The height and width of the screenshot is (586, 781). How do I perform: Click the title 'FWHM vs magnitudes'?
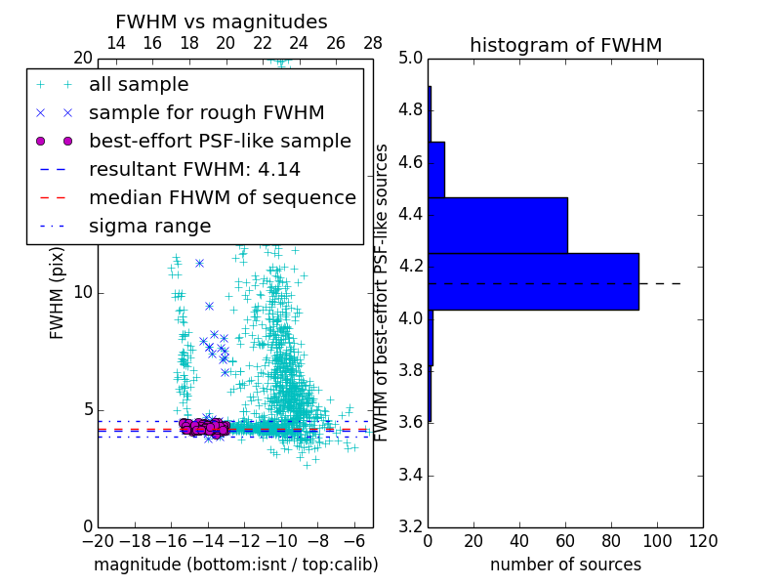221,21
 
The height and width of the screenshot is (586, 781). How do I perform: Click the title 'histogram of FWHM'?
565,45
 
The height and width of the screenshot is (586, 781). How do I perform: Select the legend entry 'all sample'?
139,85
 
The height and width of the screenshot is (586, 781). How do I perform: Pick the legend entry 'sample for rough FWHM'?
206,113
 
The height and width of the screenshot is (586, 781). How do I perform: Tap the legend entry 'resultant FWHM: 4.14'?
194,170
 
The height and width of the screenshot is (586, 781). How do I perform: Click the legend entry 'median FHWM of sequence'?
222,198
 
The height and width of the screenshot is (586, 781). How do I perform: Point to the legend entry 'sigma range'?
149,227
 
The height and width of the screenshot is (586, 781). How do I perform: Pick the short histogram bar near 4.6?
436,169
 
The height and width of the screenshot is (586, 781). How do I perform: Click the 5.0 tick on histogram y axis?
411,58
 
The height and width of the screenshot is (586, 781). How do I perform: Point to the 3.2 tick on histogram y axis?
411,527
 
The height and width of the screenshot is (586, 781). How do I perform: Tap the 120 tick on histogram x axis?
703,540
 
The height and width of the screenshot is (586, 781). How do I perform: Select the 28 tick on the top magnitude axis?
373,43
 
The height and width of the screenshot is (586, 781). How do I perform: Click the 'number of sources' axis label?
565,565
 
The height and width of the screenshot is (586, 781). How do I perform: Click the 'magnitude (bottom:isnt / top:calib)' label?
235,565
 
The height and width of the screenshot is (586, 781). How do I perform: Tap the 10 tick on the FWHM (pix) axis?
82,293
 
